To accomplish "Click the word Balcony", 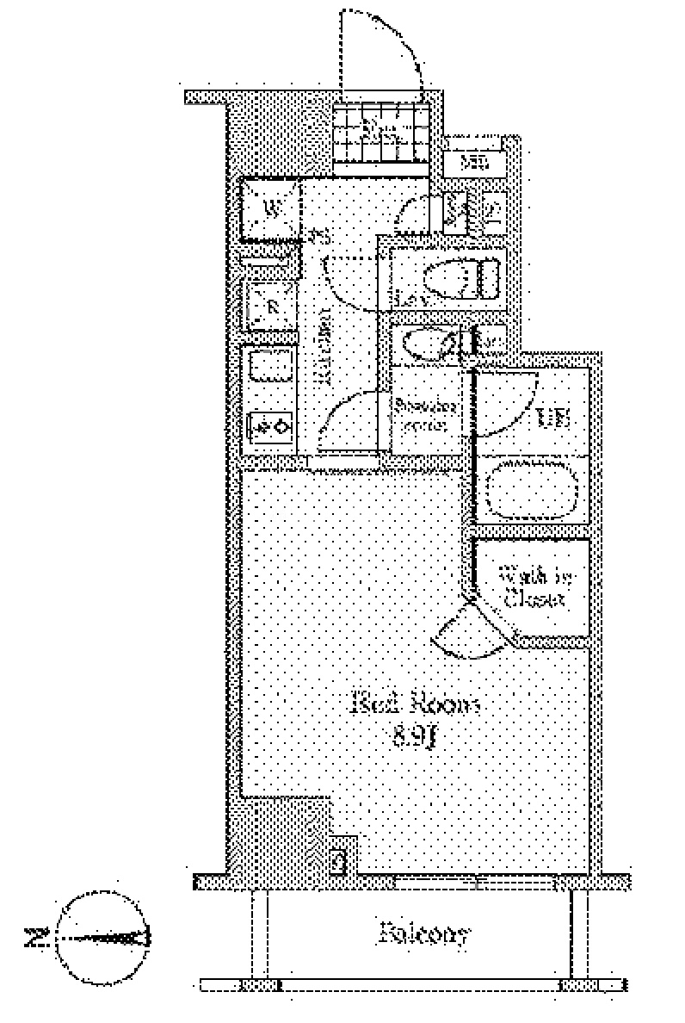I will [424, 933].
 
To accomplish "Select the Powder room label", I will [424, 414].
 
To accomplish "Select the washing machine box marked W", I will [270, 208].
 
